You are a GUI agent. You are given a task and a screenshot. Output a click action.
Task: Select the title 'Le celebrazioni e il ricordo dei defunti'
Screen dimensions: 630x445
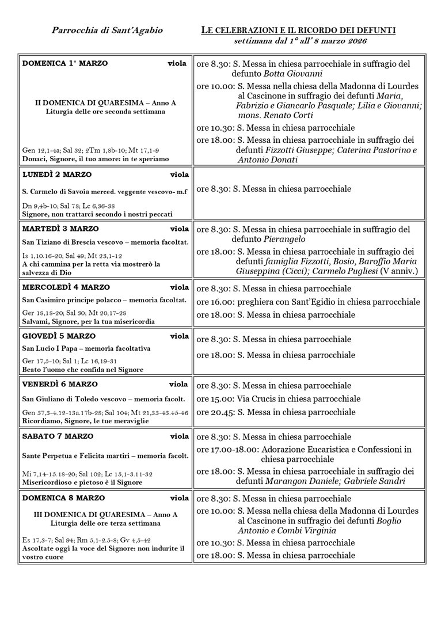(x=298, y=30)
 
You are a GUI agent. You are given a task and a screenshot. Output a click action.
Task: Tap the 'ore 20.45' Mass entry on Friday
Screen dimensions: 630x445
(x=276, y=412)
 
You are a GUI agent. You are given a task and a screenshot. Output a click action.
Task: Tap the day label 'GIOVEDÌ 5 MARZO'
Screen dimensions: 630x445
(x=59, y=336)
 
